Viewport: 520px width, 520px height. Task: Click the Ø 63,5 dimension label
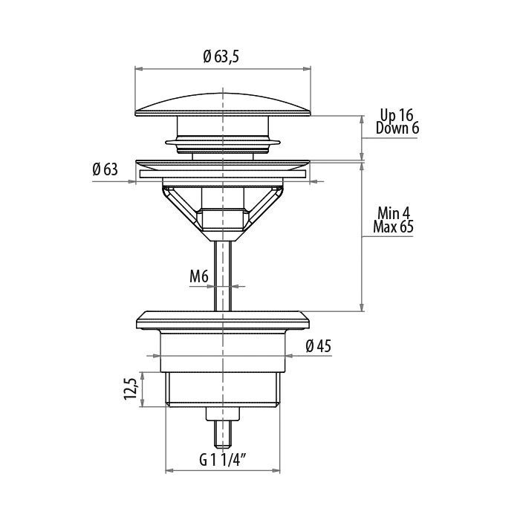coord(221,56)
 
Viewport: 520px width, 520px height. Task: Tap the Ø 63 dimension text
coord(105,169)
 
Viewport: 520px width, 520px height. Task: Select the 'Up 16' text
coord(397,115)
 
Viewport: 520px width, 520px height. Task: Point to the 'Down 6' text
coord(397,128)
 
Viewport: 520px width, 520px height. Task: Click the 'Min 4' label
coord(394,214)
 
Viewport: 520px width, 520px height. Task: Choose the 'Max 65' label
coord(393,227)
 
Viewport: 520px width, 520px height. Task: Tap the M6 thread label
coord(199,276)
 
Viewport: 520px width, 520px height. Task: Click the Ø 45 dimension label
coord(319,346)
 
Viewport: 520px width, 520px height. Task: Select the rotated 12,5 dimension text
coord(130,389)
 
